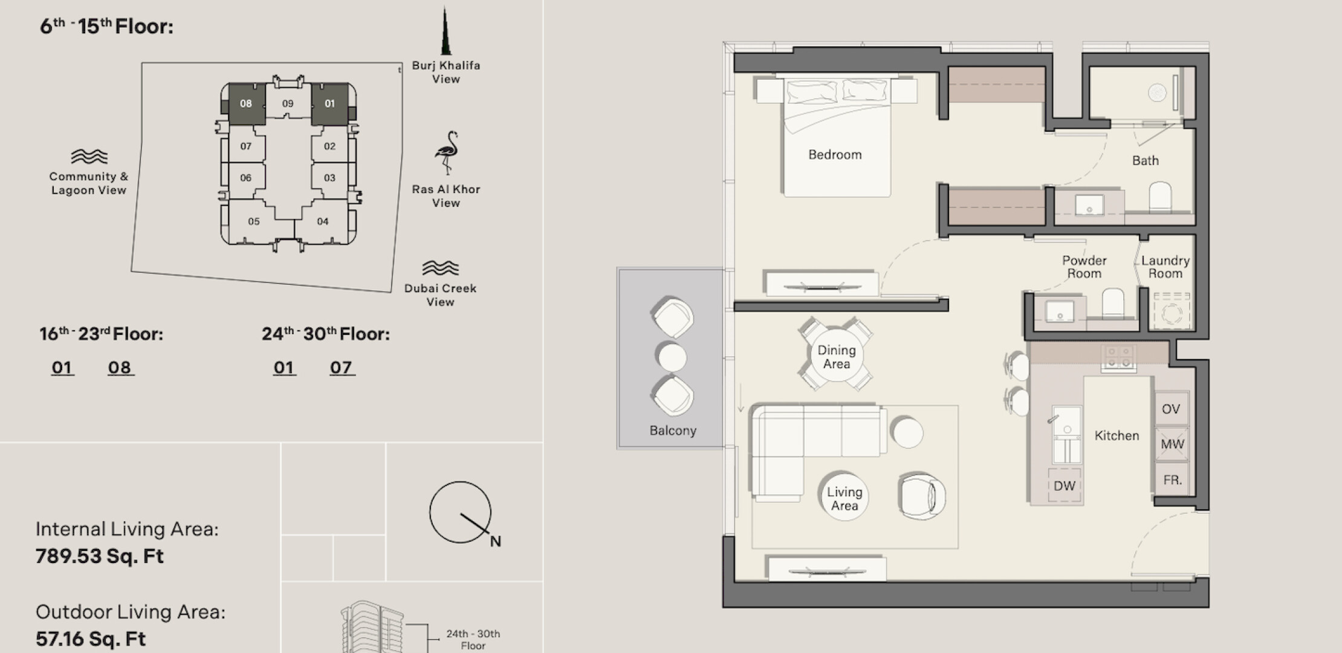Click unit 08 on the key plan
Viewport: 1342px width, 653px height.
247,104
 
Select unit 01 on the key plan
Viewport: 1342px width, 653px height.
330,104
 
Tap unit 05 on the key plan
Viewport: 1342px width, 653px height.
254,221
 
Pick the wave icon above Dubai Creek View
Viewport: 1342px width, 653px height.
440,268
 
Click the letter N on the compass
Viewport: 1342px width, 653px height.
496,541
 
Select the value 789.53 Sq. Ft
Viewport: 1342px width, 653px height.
100,556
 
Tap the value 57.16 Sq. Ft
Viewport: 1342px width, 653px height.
91,639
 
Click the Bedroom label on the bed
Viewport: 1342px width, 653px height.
835,155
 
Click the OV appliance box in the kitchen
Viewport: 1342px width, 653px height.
1172,409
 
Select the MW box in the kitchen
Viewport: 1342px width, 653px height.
1172,444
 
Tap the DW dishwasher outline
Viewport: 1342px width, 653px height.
1065,485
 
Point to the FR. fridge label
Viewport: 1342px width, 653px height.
1173,480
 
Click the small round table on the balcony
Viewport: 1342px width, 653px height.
672,357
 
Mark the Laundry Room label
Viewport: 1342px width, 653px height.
1165,267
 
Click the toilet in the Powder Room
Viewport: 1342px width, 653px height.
1113,303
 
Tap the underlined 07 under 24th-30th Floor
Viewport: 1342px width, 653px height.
342,368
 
